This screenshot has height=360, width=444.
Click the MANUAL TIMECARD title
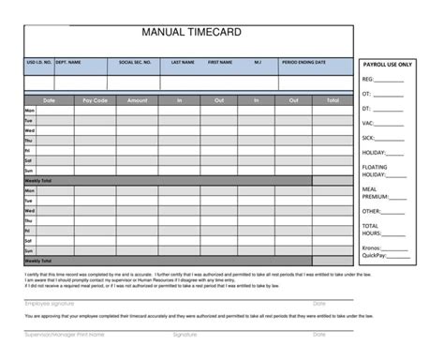click(x=191, y=33)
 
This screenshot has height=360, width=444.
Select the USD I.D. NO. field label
click(x=37, y=63)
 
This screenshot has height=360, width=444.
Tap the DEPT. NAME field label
click(x=68, y=63)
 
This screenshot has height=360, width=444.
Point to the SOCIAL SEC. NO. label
click(x=135, y=63)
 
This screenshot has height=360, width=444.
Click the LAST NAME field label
click(x=183, y=63)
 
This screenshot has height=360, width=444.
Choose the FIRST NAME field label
click(x=220, y=63)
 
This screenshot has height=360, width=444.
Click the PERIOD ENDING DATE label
click(x=303, y=63)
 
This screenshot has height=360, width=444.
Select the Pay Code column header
click(x=95, y=99)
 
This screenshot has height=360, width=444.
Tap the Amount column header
click(x=137, y=99)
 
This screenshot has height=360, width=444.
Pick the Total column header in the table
click(x=333, y=99)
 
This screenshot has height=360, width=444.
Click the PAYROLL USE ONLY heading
click(x=386, y=65)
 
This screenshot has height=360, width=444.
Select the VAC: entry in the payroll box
click(x=368, y=123)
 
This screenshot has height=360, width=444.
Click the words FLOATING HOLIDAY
click(x=375, y=171)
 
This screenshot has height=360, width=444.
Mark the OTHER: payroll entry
click(x=372, y=212)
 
